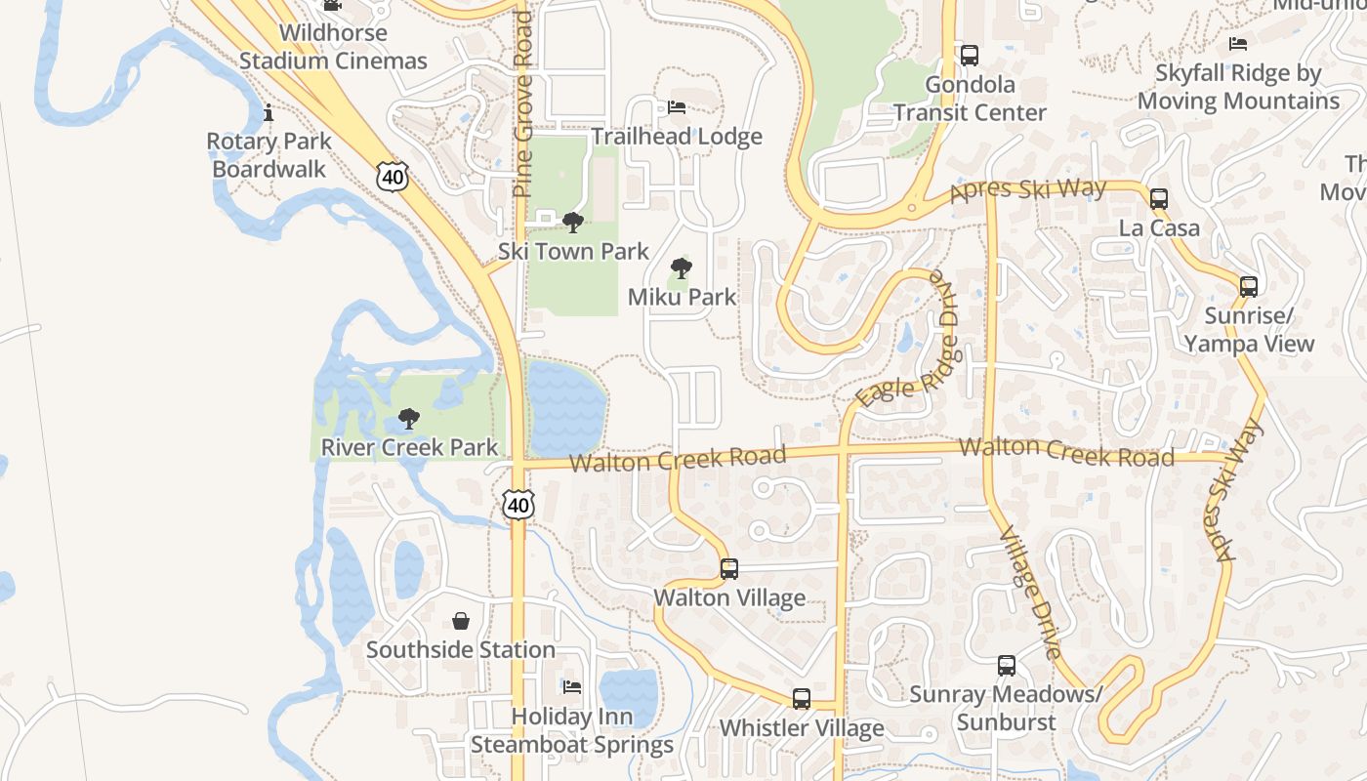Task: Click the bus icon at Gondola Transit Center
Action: pyautogui.click(x=969, y=56)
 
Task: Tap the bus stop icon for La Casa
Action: pyautogui.click(x=1159, y=199)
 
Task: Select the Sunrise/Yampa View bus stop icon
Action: pyautogui.click(x=1248, y=286)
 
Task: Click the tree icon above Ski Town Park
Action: pyautogui.click(x=573, y=223)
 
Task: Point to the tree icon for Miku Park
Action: pyautogui.click(x=682, y=268)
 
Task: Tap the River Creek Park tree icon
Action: pyautogui.click(x=409, y=420)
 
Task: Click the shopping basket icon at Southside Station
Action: pyautogui.click(x=461, y=621)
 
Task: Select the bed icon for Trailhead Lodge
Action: pyautogui.click(x=677, y=107)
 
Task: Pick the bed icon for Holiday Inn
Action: pyautogui.click(x=572, y=687)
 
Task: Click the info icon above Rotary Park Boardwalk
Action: pyautogui.click(x=269, y=113)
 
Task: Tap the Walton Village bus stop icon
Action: pyautogui.click(x=728, y=568)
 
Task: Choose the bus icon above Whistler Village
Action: pyautogui.click(x=802, y=699)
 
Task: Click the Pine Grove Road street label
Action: pyautogui.click(x=523, y=104)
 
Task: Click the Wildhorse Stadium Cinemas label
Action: pyautogui.click(x=333, y=47)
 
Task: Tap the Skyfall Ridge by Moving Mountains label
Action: pyautogui.click(x=1238, y=87)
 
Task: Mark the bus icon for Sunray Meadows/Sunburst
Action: pyautogui.click(x=1007, y=666)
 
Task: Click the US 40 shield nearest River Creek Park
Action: pyautogui.click(x=518, y=505)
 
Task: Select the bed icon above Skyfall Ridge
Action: pyautogui.click(x=1238, y=44)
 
